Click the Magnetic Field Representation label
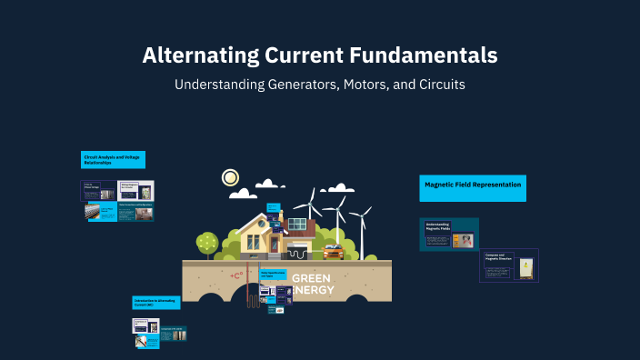click(x=473, y=185)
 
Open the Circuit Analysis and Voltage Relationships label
click(x=112, y=160)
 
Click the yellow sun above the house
click(x=230, y=177)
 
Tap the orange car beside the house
click(x=334, y=250)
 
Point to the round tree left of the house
click(x=207, y=242)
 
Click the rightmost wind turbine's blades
click(x=361, y=215)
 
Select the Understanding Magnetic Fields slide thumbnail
click(x=448, y=235)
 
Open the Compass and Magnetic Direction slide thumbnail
click(x=509, y=265)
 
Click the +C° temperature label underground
click(x=238, y=275)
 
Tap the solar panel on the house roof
click(x=297, y=223)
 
